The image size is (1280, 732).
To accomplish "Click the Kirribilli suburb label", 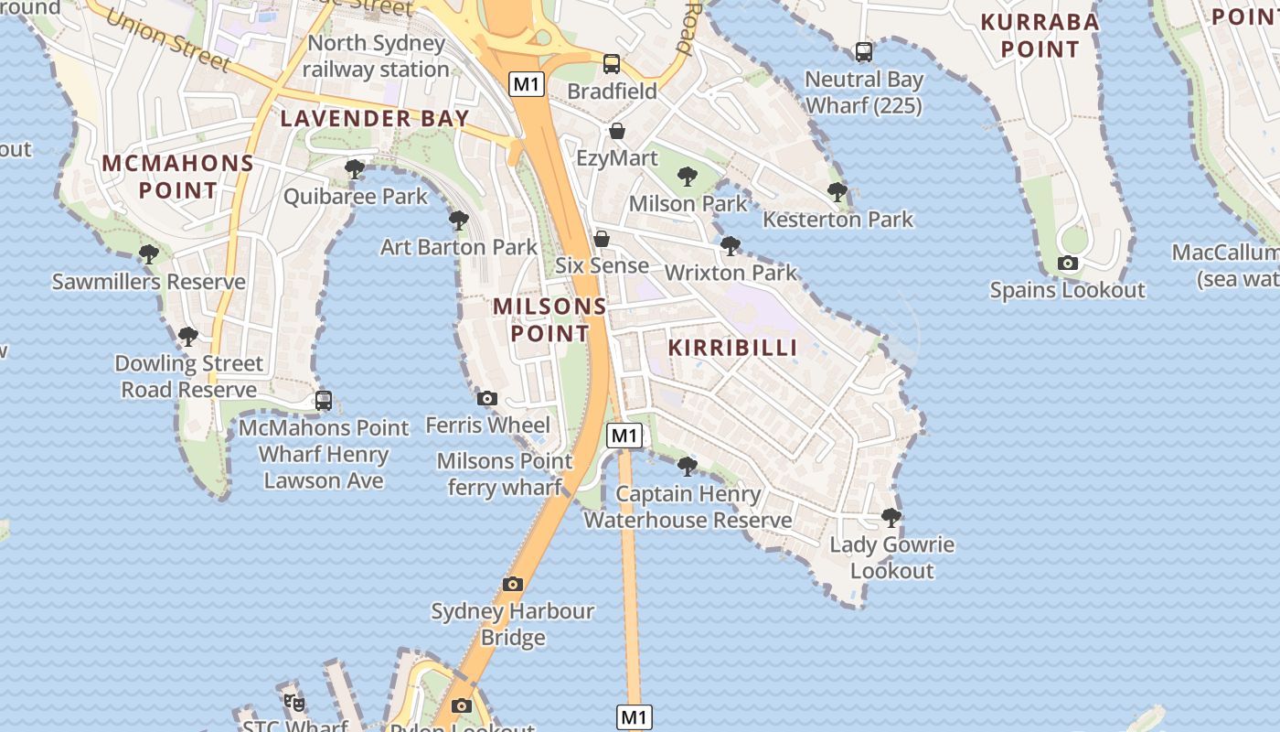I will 732,348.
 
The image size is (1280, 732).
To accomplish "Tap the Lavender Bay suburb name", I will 375,118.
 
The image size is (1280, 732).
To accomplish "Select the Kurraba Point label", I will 1040,35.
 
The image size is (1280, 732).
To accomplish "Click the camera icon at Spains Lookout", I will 1067,264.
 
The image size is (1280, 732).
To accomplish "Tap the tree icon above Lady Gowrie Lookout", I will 891,518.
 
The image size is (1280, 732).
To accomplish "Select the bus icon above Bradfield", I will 612,64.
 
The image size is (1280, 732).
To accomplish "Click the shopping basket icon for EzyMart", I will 617,131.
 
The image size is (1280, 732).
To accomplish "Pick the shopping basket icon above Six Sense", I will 602,239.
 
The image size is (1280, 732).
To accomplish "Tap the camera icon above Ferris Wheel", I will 487,398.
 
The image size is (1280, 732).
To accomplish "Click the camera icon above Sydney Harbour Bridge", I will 513,584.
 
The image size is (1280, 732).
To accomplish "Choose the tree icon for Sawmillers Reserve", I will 148,254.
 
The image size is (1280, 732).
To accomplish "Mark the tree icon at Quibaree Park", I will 355,168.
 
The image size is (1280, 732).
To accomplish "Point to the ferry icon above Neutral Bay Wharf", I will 863,52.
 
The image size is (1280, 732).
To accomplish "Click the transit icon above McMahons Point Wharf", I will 323,400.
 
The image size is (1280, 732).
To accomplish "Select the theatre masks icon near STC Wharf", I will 293,703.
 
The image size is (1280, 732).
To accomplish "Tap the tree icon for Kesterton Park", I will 837,192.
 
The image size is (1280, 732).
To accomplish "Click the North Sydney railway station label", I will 376,56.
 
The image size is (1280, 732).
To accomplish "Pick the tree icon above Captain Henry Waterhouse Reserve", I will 688,467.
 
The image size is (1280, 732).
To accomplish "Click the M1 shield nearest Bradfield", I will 528,85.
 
